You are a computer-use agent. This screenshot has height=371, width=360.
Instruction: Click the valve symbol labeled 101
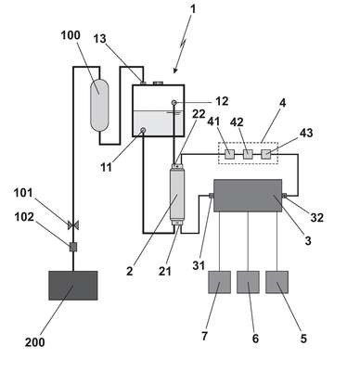click(73, 225)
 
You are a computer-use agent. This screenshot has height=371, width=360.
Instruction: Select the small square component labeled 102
click(73, 247)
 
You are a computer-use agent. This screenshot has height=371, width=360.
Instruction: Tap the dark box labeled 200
click(73, 286)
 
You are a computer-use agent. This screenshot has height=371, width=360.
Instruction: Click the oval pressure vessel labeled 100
click(99, 106)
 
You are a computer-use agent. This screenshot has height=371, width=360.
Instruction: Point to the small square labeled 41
click(229, 154)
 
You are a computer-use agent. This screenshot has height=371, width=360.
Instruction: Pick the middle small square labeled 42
click(248, 154)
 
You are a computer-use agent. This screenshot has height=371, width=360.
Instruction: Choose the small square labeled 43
click(266, 154)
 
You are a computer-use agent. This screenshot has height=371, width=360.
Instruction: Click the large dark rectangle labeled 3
click(248, 196)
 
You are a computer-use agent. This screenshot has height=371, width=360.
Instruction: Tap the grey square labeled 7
click(219, 282)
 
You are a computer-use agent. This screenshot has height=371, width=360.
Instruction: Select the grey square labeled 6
click(248, 282)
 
